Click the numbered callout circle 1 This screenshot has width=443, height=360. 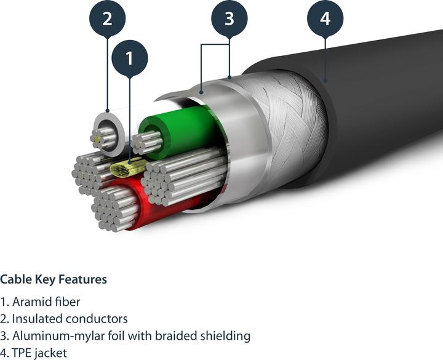coord(129,58)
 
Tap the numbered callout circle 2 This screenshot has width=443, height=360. coord(107,18)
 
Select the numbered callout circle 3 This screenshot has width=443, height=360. coord(229,18)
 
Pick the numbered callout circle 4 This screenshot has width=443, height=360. coord(325,18)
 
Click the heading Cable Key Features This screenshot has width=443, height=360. coord(54,279)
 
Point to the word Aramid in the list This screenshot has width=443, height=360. coord(30,302)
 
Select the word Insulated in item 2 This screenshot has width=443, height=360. coord(36,319)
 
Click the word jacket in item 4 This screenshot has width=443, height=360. coord(52,353)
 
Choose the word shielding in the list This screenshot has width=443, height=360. coord(225,336)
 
